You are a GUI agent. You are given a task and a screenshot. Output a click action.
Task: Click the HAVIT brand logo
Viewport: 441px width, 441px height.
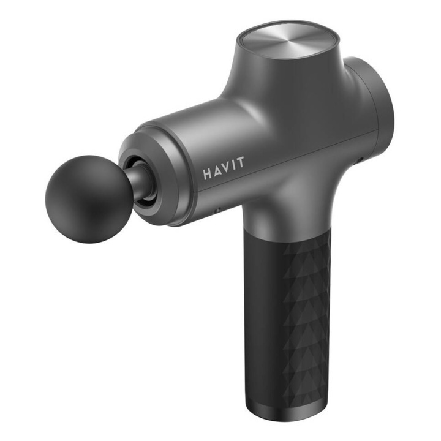point(224,165)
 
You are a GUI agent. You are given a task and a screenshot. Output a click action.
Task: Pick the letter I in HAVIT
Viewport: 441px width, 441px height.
point(233,162)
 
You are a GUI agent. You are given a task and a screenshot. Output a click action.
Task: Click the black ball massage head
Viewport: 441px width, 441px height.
point(85,202)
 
